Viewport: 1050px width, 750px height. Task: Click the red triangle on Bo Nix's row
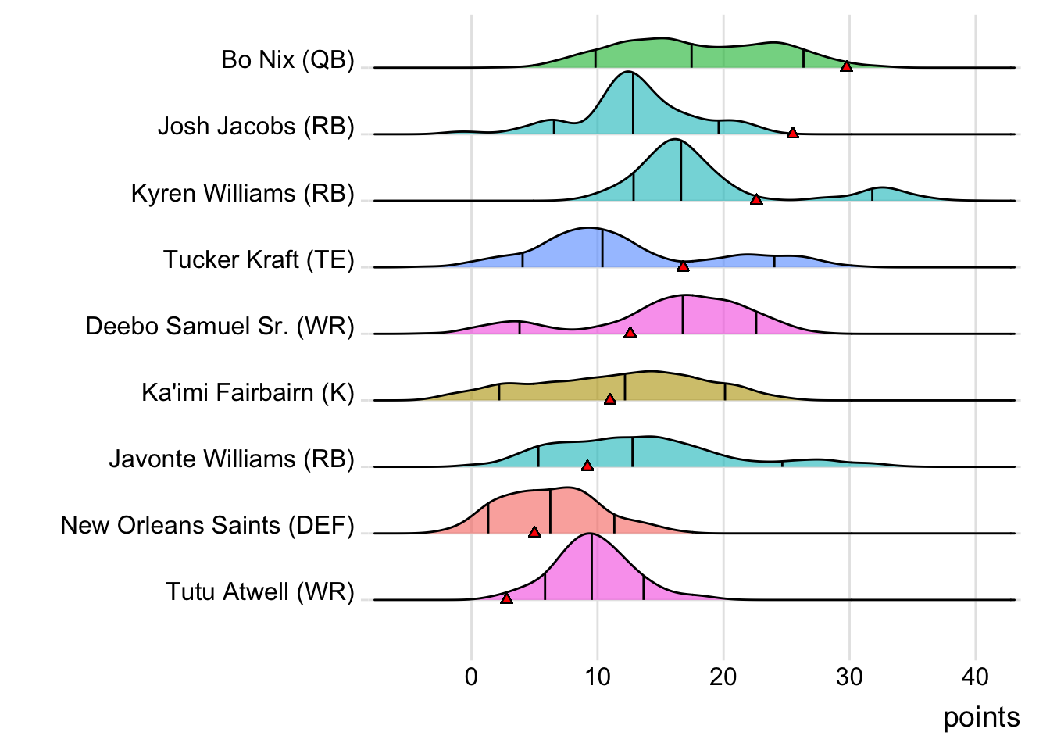(846, 66)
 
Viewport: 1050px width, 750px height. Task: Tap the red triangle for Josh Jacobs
(792, 133)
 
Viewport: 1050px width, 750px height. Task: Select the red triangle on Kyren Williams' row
(755, 200)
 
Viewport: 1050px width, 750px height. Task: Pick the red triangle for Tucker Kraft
(683, 266)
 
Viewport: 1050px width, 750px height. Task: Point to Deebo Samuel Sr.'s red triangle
(630, 333)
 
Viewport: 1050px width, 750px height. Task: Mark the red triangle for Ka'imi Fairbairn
(609, 399)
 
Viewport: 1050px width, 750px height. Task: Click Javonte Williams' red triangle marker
(587, 466)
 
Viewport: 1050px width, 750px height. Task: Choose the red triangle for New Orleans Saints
(534, 532)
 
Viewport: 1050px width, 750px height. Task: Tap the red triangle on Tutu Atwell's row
(506, 598)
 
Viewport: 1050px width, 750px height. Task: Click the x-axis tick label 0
(471, 677)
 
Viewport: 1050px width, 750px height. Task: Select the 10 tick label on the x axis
(597, 677)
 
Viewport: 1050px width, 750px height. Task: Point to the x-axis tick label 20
(723, 677)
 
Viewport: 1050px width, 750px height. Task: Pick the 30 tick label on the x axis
(849, 677)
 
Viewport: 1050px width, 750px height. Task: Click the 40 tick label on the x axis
(975, 677)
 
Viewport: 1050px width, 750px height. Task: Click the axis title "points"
(981, 717)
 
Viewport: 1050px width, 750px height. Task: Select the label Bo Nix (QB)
(287, 59)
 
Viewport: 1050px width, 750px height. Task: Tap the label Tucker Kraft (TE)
(259, 259)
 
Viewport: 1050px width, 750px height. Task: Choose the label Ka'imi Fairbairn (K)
(248, 392)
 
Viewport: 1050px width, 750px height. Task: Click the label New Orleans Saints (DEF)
(207, 525)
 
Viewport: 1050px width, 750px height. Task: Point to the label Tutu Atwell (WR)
(259, 591)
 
